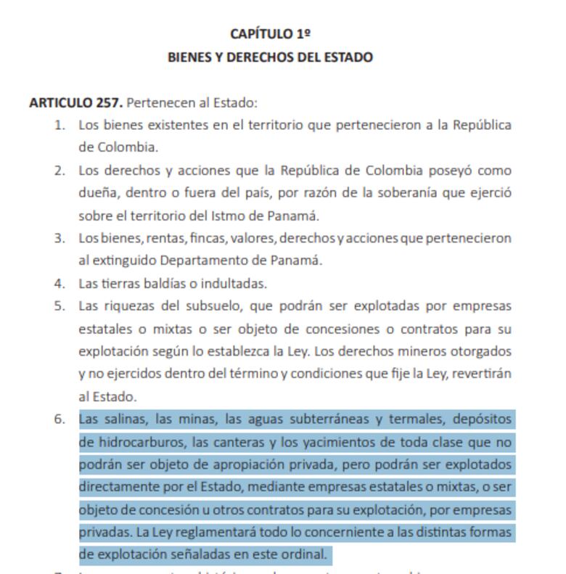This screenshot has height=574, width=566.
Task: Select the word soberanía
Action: pyautogui.click(x=409, y=194)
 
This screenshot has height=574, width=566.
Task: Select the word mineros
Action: pyautogui.click(x=428, y=352)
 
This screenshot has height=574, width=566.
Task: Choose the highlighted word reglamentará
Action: pyautogui.click(x=216, y=532)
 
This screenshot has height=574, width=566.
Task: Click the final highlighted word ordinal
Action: pyautogui.click(x=305, y=554)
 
